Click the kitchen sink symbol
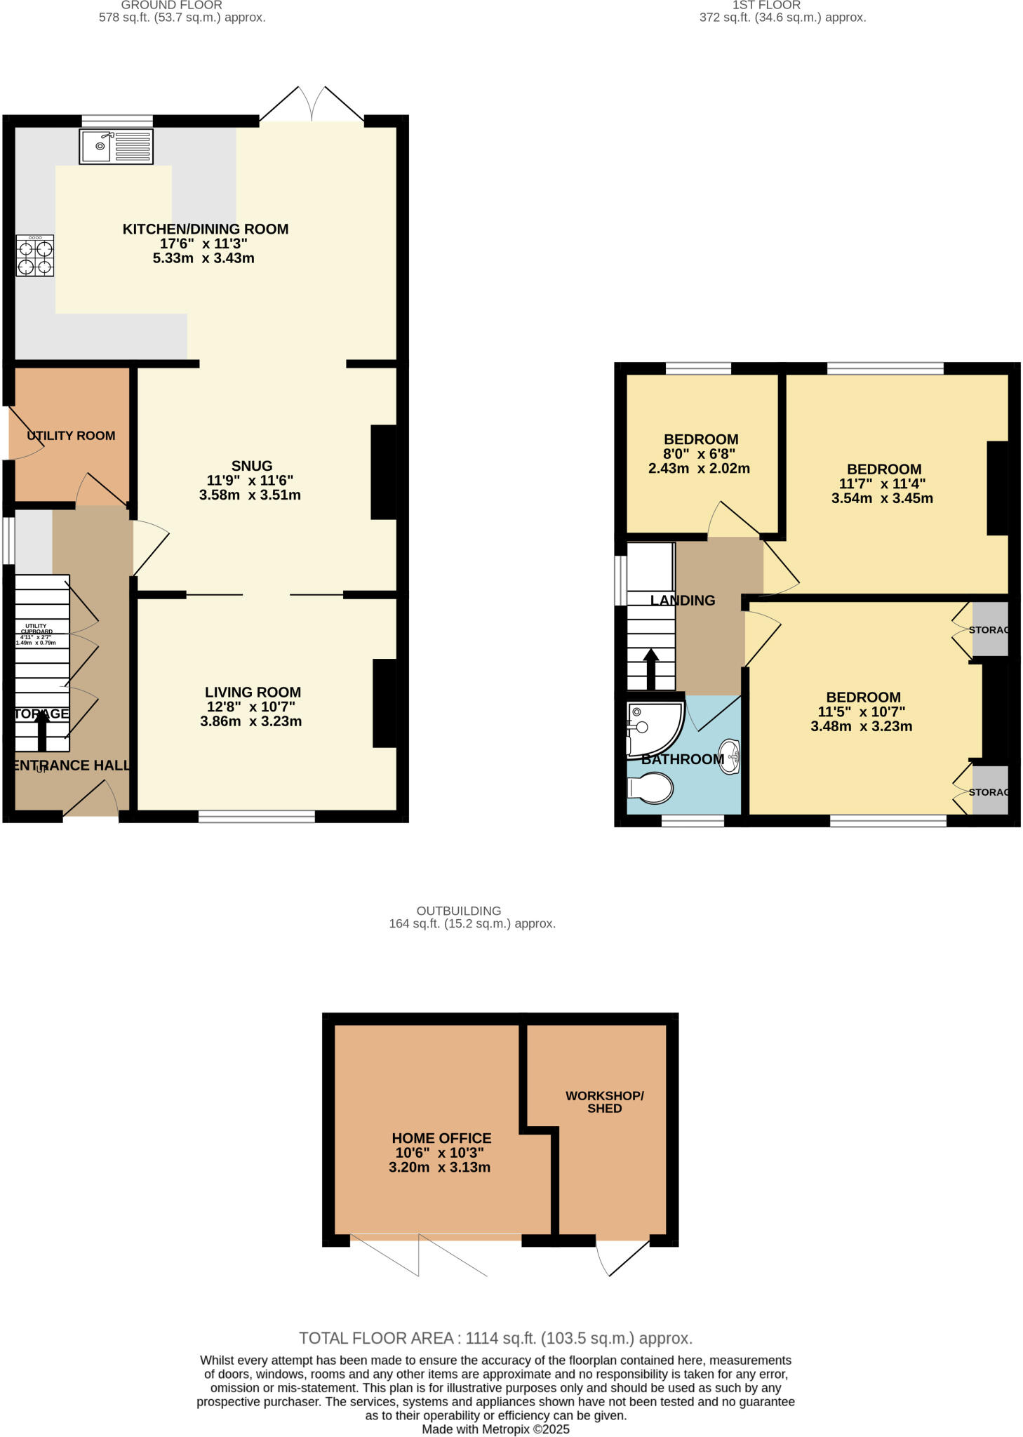[116, 147]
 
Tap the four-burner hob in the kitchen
[35, 256]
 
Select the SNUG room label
[251, 466]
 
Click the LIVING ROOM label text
[253, 693]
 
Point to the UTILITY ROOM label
[71, 436]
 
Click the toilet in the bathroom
[651, 789]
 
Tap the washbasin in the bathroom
[730, 757]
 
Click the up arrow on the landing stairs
[650, 669]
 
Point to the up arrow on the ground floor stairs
[41, 730]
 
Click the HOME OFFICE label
[441, 1138]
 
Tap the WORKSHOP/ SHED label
[604, 1102]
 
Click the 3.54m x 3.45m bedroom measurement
[882, 499]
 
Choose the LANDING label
[683, 601]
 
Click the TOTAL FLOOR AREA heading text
[495, 1338]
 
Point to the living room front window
[257, 816]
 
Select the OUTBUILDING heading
[458, 911]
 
